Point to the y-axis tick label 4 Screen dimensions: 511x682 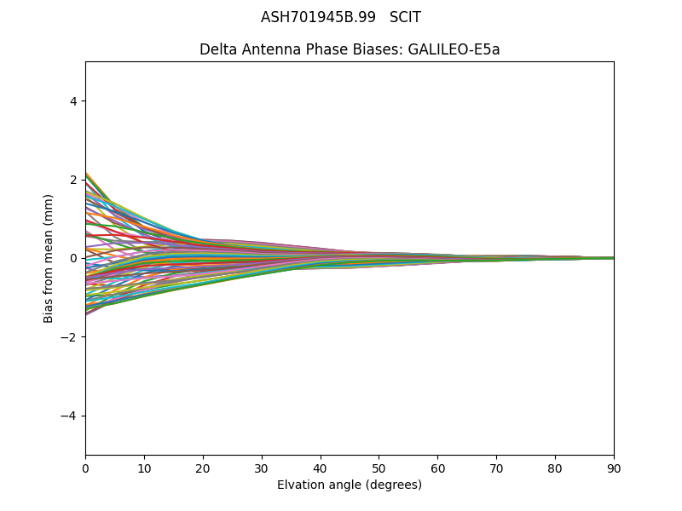pyautogui.click(x=73, y=101)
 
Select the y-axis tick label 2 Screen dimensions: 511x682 pyautogui.click(x=73, y=180)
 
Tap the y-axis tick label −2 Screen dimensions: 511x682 pyautogui.click(x=70, y=337)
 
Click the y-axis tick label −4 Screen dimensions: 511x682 pyautogui.click(x=70, y=416)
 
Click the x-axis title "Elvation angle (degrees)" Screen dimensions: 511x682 pyautogui.click(x=350, y=485)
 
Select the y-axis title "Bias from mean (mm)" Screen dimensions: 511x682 pyautogui.click(x=49, y=258)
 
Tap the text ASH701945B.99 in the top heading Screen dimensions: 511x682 pyautogui.click(x=318, y=17)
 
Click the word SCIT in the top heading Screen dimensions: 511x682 pyautogui.click(x=405, y=17)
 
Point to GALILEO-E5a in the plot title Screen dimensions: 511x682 pyautogui.click(x=454, y=49)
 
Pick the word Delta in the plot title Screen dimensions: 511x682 pyautogui.click(x=217, y=49)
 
